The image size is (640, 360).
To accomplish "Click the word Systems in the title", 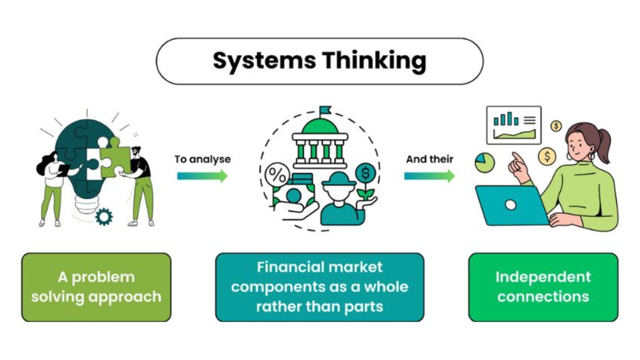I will click(264, 61).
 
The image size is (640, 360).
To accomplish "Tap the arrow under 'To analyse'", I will click(202, 176).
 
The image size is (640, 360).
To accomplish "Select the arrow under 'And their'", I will click(429, 176).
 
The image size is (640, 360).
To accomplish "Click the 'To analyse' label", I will click(202, 159).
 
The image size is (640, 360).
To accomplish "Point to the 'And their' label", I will click(429, 159).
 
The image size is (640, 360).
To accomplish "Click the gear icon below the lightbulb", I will click(104, 216).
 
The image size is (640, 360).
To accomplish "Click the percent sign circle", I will click(277, 174).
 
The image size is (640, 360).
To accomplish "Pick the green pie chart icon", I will click(485, 162).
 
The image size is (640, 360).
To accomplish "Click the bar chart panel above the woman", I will click(514, 125).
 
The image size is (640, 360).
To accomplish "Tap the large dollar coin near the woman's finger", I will click(547, 156).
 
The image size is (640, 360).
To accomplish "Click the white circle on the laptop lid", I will click(510, 205).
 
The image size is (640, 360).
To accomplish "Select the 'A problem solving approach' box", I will click(96, 287).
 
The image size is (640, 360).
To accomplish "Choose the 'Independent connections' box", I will click(543, 287).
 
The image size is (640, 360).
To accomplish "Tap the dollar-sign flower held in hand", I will click(366, 173).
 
